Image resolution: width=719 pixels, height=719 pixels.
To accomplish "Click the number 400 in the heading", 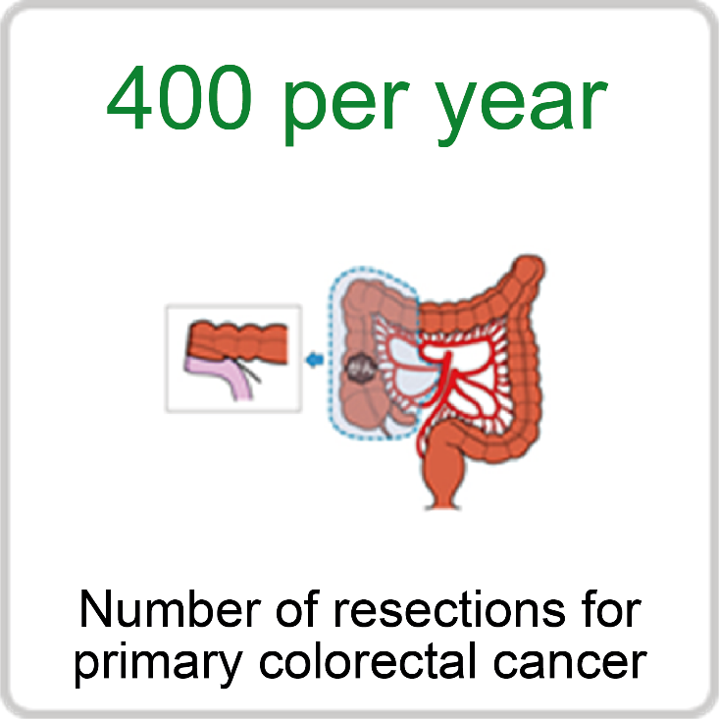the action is click(179, 97).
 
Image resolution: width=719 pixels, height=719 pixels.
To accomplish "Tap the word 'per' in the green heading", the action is click(346, 110).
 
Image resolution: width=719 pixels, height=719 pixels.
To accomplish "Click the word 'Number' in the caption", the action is click(170, 609).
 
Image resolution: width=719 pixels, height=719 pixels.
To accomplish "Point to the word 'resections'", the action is click(449, 609).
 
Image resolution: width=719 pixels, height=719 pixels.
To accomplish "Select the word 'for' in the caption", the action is click(611, 609).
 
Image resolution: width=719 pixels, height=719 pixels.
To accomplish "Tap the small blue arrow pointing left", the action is click(315, 359).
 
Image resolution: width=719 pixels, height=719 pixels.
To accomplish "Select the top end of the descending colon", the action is click(529, 265).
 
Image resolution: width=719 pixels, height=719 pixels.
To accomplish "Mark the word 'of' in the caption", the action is click(297, 609).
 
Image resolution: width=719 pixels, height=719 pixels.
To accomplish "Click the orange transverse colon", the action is click(463, 314).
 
